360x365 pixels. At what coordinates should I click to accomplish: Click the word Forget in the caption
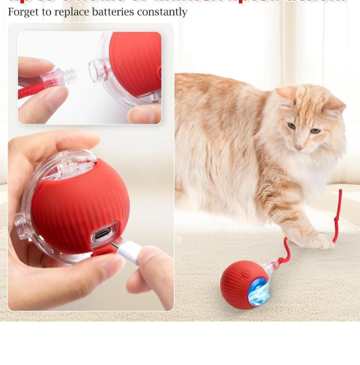(23, 12)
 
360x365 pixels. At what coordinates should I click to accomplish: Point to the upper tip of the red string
(340, 192)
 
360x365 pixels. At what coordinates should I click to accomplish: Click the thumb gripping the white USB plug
(152, 259)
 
